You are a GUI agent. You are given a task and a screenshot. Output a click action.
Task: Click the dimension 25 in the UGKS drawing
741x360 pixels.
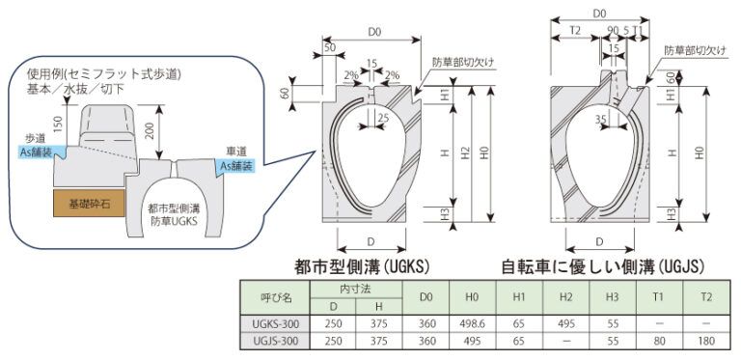coord(385,118)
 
